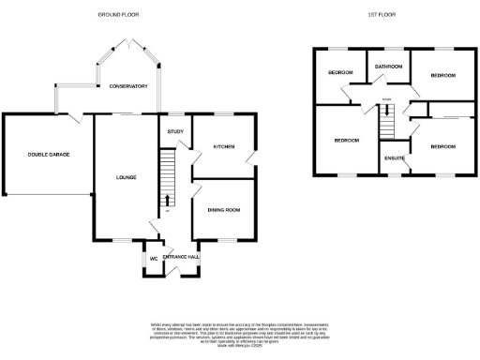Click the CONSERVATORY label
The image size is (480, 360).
click(x=127, y=86)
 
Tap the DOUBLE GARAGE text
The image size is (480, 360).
click(x=48, y=154)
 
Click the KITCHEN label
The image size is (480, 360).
click(x=223, y=147)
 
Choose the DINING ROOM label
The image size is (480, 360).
click(x=224, y=210)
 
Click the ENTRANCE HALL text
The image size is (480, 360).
click(x=181, y=257)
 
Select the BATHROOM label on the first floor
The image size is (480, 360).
click(x=388, y=67)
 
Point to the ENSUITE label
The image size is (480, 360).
click(x=394, y=157)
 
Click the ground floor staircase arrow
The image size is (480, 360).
click(x=166, y=200)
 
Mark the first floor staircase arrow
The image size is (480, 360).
click(x=384, y=111)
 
